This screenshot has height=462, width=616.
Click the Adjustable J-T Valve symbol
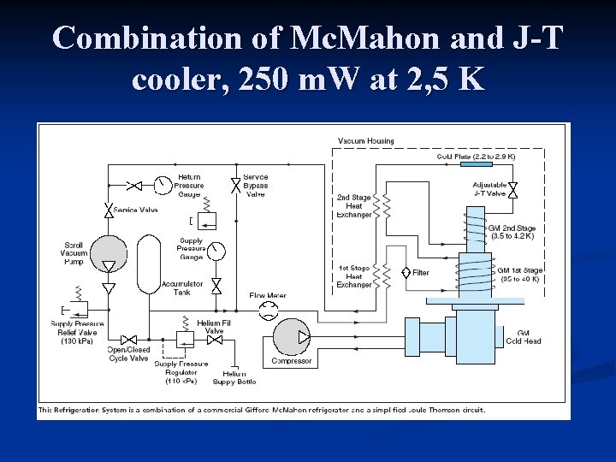pyautogui.click(x=512, y=190)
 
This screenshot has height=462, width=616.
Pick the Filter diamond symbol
pyautogui.click(x=406, y=273)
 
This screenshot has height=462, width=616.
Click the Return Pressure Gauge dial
pyautogui.click(x=161, y=185)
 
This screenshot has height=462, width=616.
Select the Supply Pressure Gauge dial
pyautogui.click(x=216, y=252)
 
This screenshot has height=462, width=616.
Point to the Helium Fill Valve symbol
pyautogui.click(x=215, y=339)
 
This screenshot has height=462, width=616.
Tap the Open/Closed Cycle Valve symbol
pyautogui.click(x=128, y=339)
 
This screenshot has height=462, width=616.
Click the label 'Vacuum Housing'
pyautogui.click(x=365, y=141)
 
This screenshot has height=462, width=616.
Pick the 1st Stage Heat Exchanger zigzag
pyautogui.click(x=387, y=275)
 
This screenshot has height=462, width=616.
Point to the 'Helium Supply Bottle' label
pyautogui.click(x=234, y=377)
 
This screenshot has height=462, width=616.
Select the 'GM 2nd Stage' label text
pyautogui.click(x=512, y=228)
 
